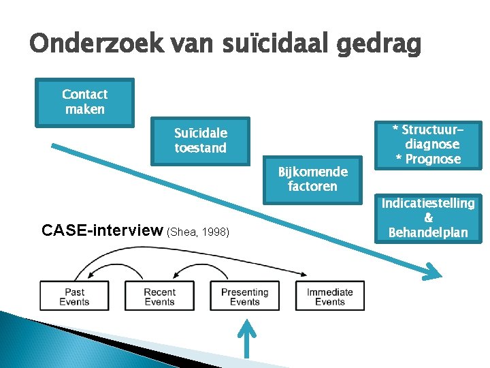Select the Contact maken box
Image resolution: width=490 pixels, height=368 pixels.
pyautogui.click(x=85, y=102)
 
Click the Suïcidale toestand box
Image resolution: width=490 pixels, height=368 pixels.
pyautogui.click(x=201, y=140)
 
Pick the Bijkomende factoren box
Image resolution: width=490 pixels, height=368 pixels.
pyautogui.click(x=312, y=179)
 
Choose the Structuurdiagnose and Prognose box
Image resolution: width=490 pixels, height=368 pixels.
pyautogui.click(x=428, y=144)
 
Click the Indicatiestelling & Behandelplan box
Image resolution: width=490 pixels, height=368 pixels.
pyautogui.click(x=428, y=217)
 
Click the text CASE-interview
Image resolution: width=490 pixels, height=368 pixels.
pyautogui.click(x=102, y=231)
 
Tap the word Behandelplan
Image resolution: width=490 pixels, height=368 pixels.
pyautogui.click(x=428, y=232)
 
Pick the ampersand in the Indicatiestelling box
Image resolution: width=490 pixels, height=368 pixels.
pyautogui.click(x=428, y=218)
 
